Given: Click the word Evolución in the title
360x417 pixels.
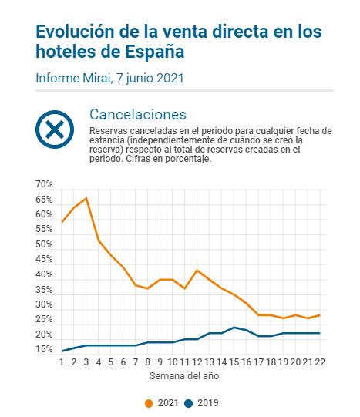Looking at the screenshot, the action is coord(76,32).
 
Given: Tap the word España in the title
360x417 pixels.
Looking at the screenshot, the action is coord(154,52).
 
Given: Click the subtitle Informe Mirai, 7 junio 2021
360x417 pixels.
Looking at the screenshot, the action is coord(109,78).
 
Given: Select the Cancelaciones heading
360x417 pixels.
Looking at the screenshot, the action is coord(138,115).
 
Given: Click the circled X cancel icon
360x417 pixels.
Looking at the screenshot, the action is coord(55,129).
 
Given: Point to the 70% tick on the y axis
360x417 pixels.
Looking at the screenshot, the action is coord(44,184).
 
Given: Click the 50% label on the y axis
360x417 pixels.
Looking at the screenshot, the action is coord(44,244).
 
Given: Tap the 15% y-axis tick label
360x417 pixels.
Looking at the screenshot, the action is coord(44,349).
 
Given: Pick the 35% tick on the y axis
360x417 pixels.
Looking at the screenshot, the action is coord(44,289).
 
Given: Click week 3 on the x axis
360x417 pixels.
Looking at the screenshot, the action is coord(86,362).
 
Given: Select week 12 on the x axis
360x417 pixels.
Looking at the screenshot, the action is coord(197,362).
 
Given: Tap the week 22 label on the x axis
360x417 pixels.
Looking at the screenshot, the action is coord(320,362).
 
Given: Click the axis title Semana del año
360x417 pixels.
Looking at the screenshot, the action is coord(184,376).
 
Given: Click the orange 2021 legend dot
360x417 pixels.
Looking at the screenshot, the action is coord(149,403).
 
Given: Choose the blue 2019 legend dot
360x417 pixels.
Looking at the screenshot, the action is coord(188,403).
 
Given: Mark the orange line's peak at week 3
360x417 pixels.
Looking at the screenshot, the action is coord(86,198).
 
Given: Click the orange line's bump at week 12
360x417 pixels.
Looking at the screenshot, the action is coord(197,271).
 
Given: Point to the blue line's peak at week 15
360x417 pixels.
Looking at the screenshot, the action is coord(234,328).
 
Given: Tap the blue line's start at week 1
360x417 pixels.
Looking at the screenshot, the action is coord(62,351).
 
